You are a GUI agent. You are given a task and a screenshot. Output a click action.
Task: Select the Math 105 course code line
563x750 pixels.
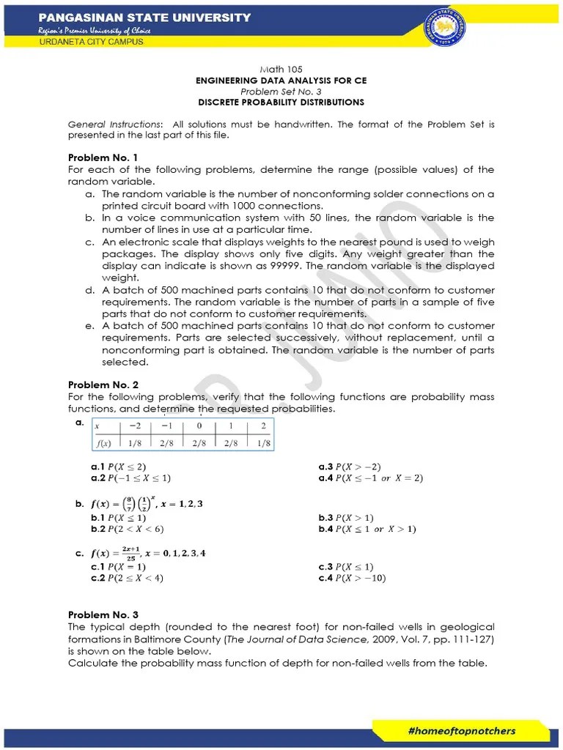(281, 69)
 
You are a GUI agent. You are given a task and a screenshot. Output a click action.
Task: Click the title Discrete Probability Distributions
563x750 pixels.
(281, 103)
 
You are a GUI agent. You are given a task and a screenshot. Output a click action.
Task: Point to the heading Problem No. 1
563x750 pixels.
(103, 157)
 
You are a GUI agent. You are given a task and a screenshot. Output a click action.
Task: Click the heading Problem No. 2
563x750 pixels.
(103, 385)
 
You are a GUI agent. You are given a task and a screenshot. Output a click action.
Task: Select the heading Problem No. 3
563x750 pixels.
(103, 615)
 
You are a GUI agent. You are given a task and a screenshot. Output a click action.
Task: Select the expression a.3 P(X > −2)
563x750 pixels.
(350, 467)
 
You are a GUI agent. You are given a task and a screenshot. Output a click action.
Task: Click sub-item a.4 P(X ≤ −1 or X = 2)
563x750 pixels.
(371, 478)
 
